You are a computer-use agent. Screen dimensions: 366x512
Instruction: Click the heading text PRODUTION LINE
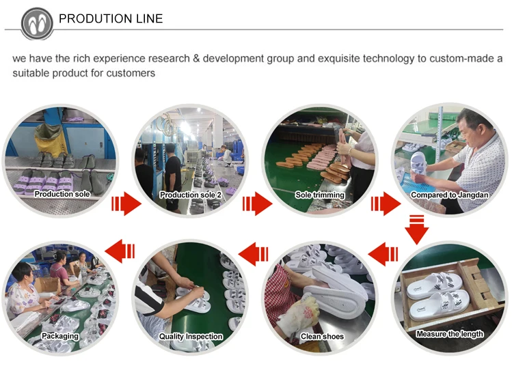click(x=111, y=19)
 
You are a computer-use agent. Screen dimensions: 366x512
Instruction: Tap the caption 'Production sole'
click(x=62, y=195)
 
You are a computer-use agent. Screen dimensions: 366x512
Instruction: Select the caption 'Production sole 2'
click(x=191, y=195)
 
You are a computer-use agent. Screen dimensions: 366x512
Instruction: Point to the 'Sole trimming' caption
click(x=320, y=195)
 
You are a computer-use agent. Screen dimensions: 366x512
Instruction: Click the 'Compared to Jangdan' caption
click(x=448, y=195)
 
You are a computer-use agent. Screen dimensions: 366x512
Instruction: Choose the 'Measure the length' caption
click(x=450, y=334)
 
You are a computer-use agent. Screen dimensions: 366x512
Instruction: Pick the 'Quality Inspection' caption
click(x=191, y=336)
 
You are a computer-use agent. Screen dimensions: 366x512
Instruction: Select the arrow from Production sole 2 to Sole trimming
click(x=256, y=203)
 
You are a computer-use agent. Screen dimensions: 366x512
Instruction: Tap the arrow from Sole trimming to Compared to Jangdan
click(x=386, y=203)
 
